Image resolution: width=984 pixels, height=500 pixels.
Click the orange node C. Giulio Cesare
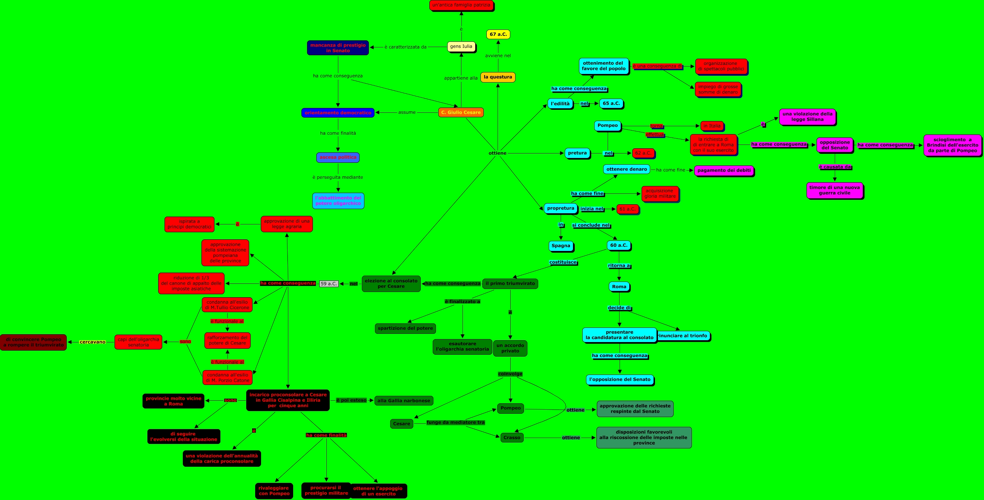coord(461,112)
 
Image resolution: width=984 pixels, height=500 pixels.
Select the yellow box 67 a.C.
coord(498,34)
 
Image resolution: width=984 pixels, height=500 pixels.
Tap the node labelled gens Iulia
coord(461,47)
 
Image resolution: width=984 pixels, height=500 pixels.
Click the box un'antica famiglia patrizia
coord(461,5)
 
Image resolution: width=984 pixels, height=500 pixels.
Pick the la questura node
coord(498,77)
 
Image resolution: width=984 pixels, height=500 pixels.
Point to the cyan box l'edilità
coord(560,103)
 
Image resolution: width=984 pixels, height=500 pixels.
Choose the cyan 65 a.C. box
coord(611,103)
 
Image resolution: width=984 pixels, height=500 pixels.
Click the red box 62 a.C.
coord(643,153)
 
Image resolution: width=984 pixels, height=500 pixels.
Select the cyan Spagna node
coord(561,246)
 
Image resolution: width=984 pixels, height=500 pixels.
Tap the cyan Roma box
coord(619,287)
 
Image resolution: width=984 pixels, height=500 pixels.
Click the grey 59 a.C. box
coord(329,284)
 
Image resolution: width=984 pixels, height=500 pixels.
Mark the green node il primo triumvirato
coord(510,284)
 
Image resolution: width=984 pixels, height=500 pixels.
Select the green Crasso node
coord(512,438)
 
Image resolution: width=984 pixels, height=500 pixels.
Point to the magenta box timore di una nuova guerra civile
coord(835,190)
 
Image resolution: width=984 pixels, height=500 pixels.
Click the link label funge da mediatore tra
coord(455,422)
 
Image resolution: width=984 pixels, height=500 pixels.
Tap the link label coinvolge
coord(510,374)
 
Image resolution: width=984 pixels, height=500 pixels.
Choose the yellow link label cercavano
coord(93,342)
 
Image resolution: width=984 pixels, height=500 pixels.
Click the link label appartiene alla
coord(461,78)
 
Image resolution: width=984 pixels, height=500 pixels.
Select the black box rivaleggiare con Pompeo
coord(274,491)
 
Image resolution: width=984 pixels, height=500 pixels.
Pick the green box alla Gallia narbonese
coord(404,401)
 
